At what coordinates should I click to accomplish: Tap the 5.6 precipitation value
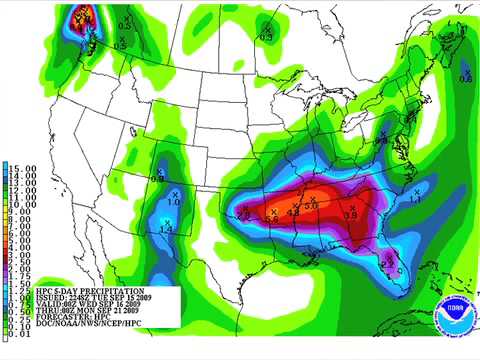pyautogui.click(x=272, y=217)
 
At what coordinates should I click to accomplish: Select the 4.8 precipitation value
pyautogui.click(x=293, y=213)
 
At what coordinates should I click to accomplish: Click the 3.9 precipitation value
pyautogui.click(x=351, y=214)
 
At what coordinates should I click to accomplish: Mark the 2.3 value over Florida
pyautogui.click(x=387, y=263)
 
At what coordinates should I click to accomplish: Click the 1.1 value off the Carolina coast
pyautogui.click(x=414, y=200)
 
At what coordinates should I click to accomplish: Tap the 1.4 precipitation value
pyautogui.click(x=166, y=229)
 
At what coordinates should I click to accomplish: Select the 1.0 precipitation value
pyautogui.click(x=174, y=202)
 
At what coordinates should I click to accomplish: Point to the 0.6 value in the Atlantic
pyautogui.click(x=465, y=77)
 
